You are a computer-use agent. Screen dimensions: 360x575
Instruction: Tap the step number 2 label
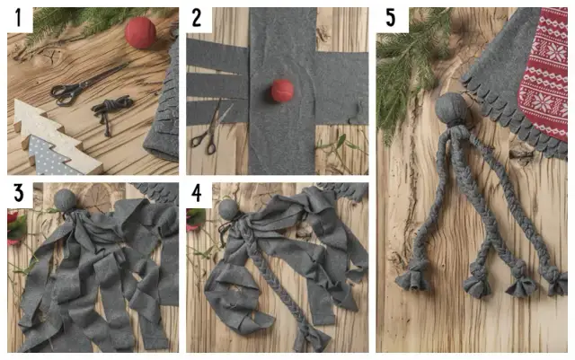click(198, 18)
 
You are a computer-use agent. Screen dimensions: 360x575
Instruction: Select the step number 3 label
click(17, 193)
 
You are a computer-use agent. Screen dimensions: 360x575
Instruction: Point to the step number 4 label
click(199, 193)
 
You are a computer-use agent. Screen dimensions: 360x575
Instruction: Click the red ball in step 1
click(140, 31)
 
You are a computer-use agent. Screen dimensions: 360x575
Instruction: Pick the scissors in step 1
click(72, 88)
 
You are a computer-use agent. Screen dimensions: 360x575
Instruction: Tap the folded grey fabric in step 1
click(162, 117)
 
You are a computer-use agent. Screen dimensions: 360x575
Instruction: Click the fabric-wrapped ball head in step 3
click(66, 198)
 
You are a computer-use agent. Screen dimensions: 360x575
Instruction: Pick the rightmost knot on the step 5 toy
click(555, 284)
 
